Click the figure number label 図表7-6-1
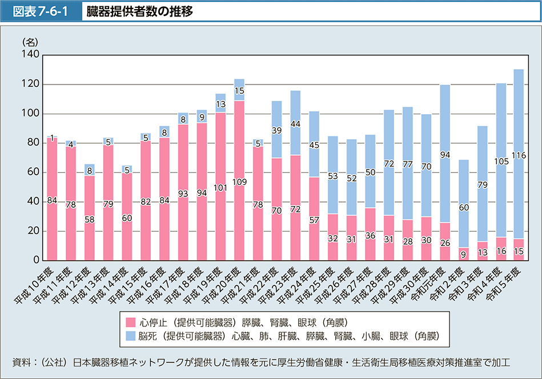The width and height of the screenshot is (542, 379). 42,11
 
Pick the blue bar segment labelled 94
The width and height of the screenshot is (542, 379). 444,154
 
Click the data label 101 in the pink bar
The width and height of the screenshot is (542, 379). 220,186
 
